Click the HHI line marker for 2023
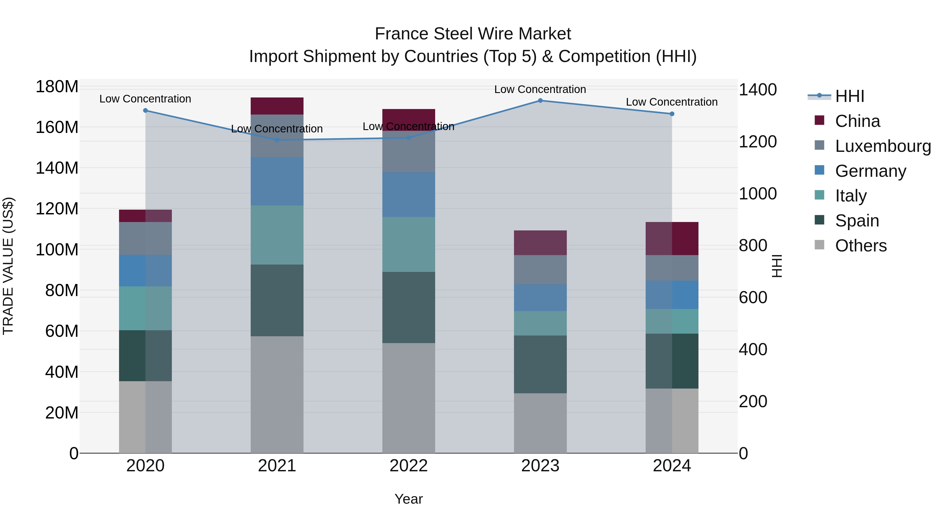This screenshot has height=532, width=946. tap(540, 101)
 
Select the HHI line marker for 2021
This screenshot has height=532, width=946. tap(277, 140)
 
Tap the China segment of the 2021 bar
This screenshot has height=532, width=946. tap(277, 106)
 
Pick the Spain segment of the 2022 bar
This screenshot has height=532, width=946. tap(408, 307)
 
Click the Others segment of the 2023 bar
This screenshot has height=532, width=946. tap(540, 423)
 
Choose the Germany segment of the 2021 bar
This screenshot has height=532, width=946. tap(277, 181)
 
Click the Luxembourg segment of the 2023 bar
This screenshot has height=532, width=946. tap(540, 270)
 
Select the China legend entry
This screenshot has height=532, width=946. tap(857, 121)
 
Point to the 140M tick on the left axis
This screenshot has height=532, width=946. tap(57, 168)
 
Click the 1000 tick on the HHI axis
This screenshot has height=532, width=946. tap(757, 194)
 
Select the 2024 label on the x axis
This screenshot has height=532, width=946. tap(672, 466)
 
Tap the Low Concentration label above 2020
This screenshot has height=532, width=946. tap(145, 99)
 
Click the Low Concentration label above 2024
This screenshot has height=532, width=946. tap(672, 102)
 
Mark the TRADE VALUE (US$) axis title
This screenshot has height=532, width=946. tap(8, 266)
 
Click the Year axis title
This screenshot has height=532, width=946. tap(408, 499)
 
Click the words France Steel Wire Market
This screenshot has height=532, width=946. tap(473, 34)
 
